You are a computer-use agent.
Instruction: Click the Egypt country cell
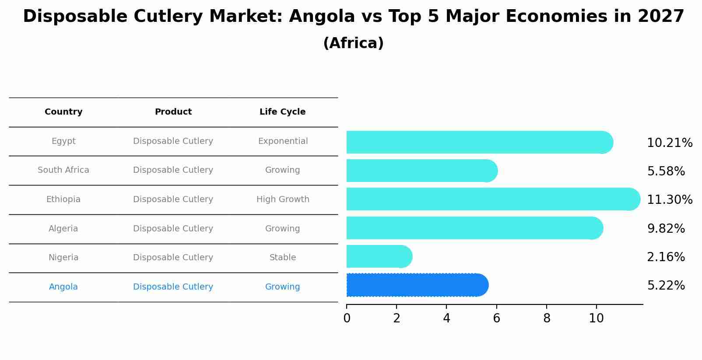pos(63,141)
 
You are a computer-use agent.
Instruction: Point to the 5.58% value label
pos(666,171)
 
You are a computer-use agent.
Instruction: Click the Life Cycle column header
pos(282,112)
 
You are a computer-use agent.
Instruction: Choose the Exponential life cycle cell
pos(283,141)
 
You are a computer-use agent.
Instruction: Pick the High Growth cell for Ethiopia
pos(283,199)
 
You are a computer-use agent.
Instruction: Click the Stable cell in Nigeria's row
pos(283,258)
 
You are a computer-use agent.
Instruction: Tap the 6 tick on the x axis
pos(496,318)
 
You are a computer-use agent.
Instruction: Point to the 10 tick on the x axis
pos(596,318)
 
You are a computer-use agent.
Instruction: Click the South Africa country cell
pos(63,170)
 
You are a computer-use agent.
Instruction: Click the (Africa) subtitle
pos(353,43)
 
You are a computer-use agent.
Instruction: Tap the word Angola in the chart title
pos(322,17)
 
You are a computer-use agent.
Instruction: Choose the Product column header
pos(173,112)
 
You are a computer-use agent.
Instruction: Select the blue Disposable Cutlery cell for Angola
pos(173,287)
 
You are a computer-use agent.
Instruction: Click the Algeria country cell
pos(63,229)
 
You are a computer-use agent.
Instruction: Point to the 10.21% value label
pos(669,143)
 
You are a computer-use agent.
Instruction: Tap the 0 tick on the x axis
pos(347,318)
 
